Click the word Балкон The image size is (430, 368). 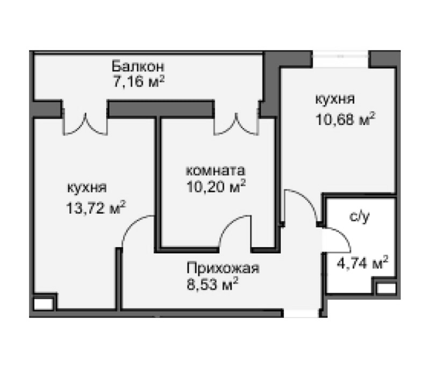[138, 67]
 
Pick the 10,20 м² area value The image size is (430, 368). [215, 187]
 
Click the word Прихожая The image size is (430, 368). [223, 268]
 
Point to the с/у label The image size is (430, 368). [359, 217]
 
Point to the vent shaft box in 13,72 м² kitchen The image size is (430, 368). [44, 303]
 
